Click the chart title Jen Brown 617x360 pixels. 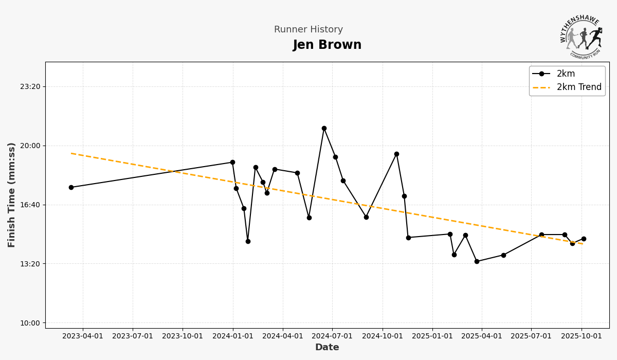click(x=327, y=45)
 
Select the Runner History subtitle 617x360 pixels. click(x=308, y=30)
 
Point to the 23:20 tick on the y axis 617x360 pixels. click(x=30, y=87)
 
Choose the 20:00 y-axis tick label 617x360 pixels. click(x=30, y=146)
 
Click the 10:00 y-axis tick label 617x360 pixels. click(x=30, y=323)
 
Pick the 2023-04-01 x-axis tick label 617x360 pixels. click(x=83, y=336)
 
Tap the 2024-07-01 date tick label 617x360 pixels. click(x=332, y=336)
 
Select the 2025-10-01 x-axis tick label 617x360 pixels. click(x=582, y=336)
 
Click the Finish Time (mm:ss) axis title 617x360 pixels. click(x=12, y=195)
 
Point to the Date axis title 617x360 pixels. click(x=327, y=348)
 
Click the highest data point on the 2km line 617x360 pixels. click(x=324, y=128)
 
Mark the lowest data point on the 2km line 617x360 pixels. click(x=477, y=261)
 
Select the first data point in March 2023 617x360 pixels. click(x=71, y=187)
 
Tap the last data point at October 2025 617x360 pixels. click(x=584, y=239)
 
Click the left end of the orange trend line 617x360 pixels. click(x=71, y=153)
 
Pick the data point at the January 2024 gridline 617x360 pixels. click(x=232, y=162)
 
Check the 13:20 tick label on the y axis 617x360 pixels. click(x=30, y=264)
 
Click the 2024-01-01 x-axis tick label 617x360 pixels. click(x=232, y=336)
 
